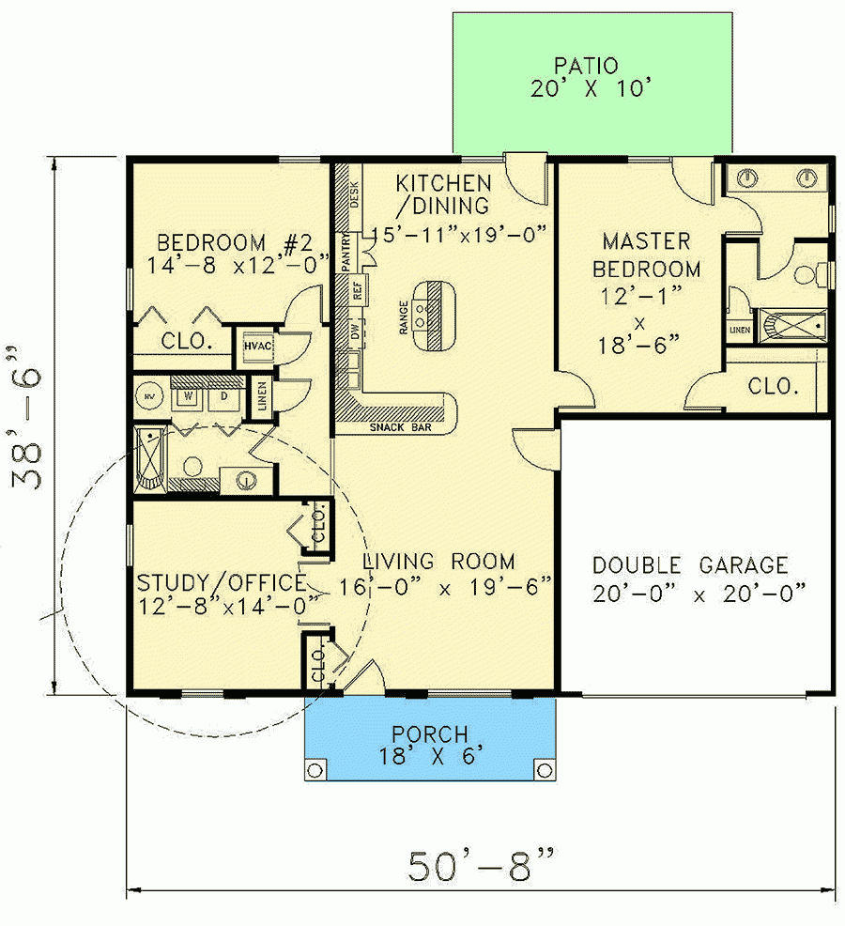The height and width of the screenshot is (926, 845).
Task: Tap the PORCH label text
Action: coord(430,733)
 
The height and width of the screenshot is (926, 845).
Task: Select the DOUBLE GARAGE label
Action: coord(690,565)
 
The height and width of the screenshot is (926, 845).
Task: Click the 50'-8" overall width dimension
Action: coord(480,865)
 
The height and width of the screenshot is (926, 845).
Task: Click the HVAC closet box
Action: coord(257,346)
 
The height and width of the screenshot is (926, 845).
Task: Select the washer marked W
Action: coord(189,395)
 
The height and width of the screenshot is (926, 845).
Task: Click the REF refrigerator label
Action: coord(357,291)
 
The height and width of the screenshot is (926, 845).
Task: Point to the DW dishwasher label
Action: coord(357,332)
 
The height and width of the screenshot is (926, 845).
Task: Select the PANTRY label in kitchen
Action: coord(346,251)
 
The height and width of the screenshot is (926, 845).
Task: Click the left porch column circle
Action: coord(315,771)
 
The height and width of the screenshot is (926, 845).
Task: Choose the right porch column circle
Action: coord(544,771)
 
